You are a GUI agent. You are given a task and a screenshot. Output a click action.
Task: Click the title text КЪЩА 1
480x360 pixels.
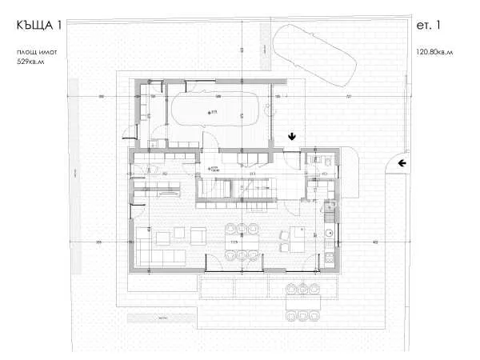tap(39, 26)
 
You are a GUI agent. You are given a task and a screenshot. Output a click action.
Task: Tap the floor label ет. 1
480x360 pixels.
tap(429, 26)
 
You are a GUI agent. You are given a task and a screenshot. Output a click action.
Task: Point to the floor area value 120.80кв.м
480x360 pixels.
tap(434, 53)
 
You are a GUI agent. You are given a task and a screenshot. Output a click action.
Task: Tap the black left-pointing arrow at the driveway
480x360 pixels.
tap(403, 163)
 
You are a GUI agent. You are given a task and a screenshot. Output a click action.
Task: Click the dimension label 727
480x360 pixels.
tap(348, 97)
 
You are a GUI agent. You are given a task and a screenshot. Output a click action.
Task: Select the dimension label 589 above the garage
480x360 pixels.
tap(218, 97)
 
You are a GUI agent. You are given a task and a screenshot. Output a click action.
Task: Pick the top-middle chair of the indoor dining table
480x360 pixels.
tap(242, 228)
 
